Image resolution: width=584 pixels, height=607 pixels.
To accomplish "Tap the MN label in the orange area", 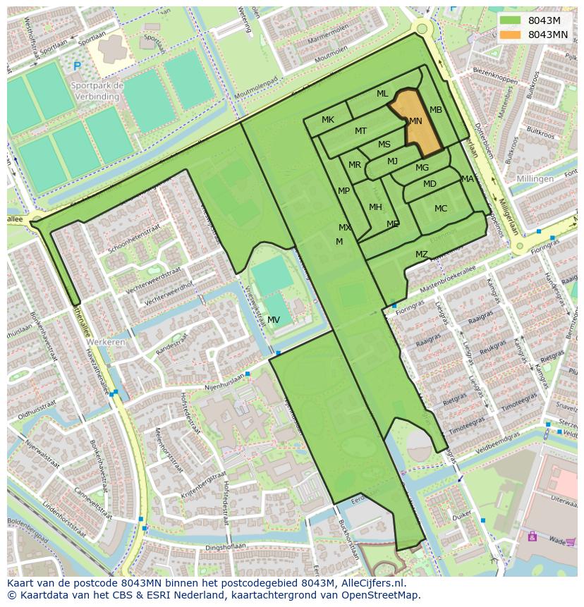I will coord(415,121).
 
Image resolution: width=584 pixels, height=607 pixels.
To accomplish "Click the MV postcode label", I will coord(274,319).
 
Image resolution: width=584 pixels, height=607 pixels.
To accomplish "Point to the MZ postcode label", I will coord(421,255).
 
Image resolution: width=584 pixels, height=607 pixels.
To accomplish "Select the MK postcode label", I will coord(328,120).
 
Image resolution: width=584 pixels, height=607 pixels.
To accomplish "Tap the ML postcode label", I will coord(382,94).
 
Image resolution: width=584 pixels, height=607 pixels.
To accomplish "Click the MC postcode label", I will coord(441,209).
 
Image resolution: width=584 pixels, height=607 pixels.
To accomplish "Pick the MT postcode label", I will coord(360,131).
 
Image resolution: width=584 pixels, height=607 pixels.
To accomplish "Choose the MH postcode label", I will coord(375,207).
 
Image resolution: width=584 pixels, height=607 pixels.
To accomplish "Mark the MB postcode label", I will coord(436,110).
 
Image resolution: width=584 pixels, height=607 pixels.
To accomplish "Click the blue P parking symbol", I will coord(77,66).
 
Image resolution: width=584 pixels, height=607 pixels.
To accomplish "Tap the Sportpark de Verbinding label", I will coord(97,91).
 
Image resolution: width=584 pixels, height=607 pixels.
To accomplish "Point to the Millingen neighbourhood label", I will coord(535,179).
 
